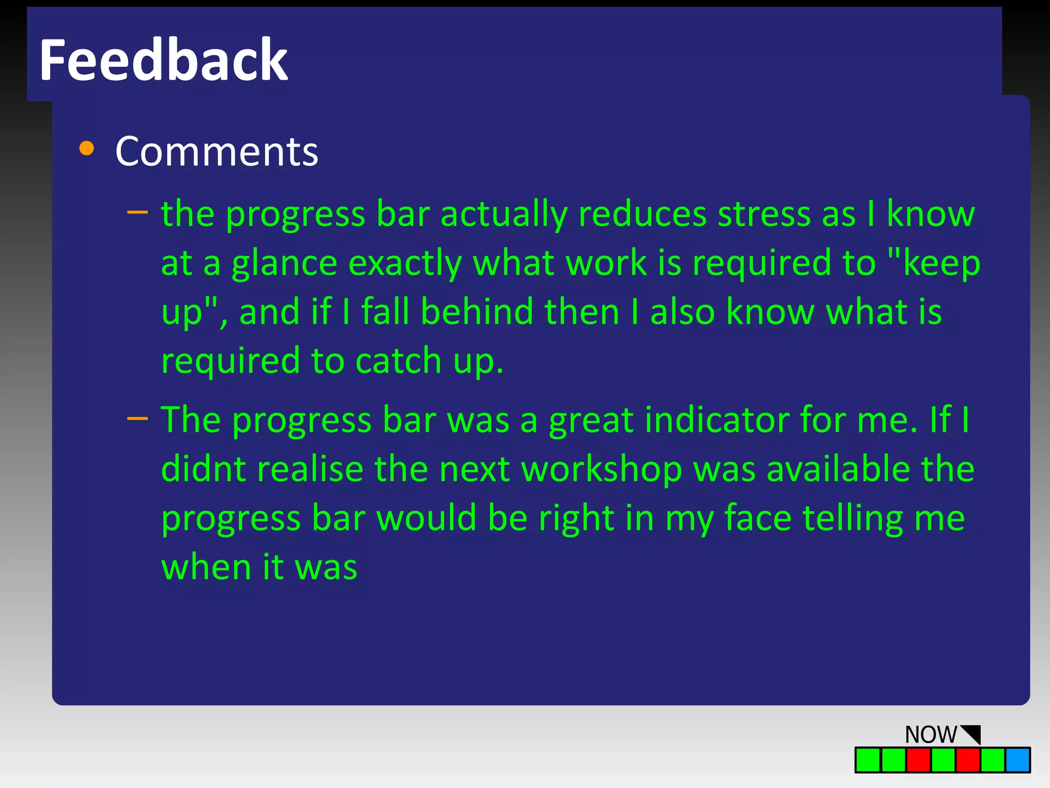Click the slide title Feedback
pos(163,61)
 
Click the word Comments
pos(217,151)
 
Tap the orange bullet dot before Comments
pos(87,148)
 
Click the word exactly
pos(405,263)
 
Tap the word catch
pos(398,361)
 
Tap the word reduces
pos(643,214)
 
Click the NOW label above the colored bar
pos(931,735)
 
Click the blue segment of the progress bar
pos(1018,760)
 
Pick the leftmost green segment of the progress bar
pos(868,760)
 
